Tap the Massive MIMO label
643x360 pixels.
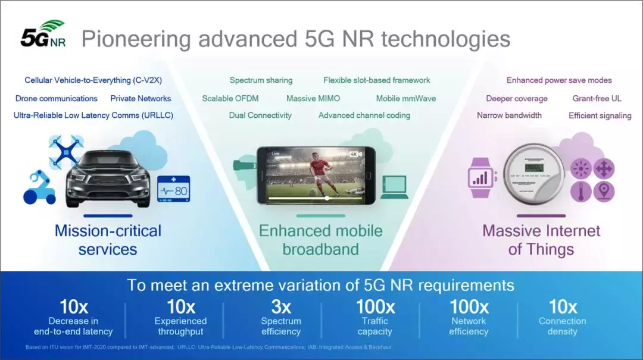pyautogui.click(x=313, y=98)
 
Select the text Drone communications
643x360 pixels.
pyautogui.click(x=56, y=98)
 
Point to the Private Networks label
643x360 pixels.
pyautogui.click(x=141, y=98)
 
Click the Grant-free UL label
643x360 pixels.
pyautogui.click(x=597, y=98)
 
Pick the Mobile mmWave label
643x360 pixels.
pyautogui.click(x=406, y=98)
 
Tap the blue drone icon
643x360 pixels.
pyautogui.click(x=65, y=152)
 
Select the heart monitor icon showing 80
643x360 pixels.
pyautogui.click(x=173, y=189)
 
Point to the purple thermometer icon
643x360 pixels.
pyautogui.click(x=580, y=192)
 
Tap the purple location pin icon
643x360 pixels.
pyautogui.click(x=604, y=192)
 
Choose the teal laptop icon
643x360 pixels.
pyautogui.click(x=395, y=187)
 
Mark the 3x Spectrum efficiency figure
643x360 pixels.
pyautogui.click(x=281, y=318)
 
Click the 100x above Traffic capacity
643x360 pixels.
pyautogui.click(x=375, y=306)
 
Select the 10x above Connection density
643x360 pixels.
pyautogui.click(x=563, y=306)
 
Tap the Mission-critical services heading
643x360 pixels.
pyautogui.click(x=108, y=240)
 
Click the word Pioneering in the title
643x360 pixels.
pyautogui.click(x=136, y=39)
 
